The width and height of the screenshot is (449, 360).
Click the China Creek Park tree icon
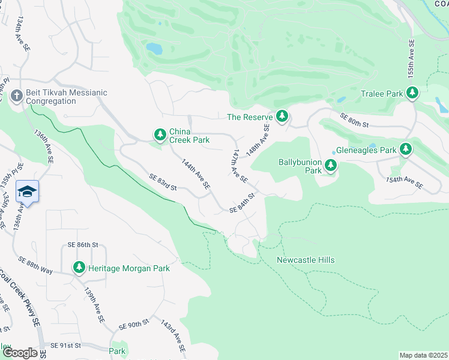tap(160, 135)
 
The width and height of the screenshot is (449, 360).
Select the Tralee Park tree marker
tap(412, 94)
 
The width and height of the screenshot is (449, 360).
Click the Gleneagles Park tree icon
tap(406, 149)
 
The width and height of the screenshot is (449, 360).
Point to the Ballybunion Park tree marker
tap(330, 166)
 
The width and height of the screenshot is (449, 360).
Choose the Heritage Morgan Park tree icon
tap(79, 268)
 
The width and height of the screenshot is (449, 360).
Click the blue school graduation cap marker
tap(28, 192)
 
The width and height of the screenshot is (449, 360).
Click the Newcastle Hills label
tap(306, 260)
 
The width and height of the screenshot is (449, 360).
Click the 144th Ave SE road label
tap(196, 175)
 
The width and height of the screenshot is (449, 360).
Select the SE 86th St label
tap(83, 245)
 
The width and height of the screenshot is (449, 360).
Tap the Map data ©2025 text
tap(423, 355)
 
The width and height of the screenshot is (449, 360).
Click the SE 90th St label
tap(133, 325)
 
